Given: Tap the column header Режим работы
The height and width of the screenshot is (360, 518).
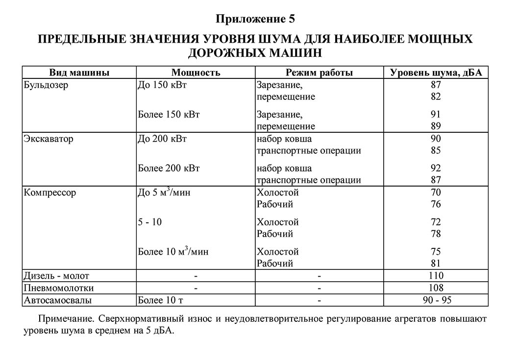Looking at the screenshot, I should click(320, 73).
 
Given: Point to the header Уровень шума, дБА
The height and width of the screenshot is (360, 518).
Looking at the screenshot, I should click(436, 73).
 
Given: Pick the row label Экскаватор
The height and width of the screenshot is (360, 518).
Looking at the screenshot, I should click(49, 139).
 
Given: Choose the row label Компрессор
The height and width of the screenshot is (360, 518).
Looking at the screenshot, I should click(50, 192).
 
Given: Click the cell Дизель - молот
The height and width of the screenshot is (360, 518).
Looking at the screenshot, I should click(56, 276).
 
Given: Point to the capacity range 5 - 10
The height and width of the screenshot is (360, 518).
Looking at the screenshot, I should click(150, 222).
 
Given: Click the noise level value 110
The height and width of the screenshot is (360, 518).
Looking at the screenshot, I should click(436, 276).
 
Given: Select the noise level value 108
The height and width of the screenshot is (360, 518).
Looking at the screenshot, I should click(436, 288).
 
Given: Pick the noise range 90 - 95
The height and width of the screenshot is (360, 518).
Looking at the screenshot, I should click(436, 299).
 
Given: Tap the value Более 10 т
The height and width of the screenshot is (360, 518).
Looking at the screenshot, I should click(161, 299).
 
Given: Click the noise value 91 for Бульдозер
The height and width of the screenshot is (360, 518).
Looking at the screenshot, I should click(436, 115).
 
